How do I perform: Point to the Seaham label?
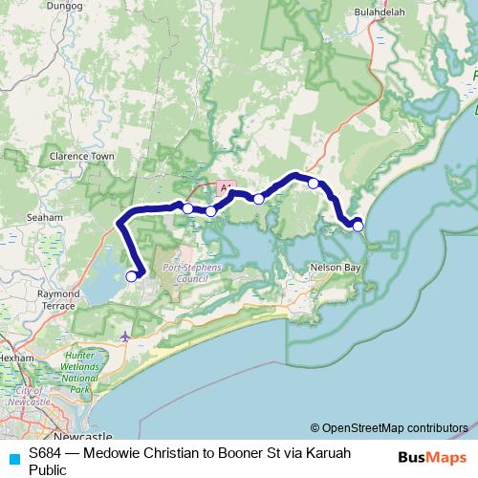(45, 217)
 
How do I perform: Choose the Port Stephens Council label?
(185, 272)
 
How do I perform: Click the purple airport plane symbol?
(127, 336)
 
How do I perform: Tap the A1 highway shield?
(225, 188)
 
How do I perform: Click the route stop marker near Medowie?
(131, 276)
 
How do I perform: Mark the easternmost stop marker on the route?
(358, 226)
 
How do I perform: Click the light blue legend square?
(13, 458)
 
